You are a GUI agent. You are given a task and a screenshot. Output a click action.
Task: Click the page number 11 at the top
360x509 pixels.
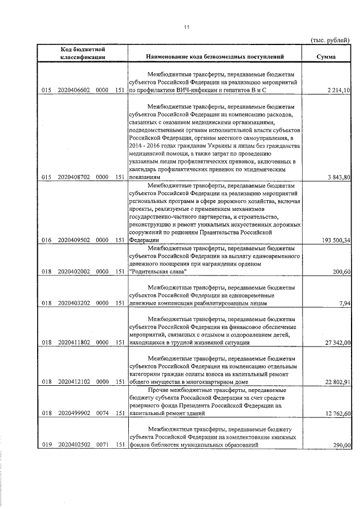(x=186, y=28)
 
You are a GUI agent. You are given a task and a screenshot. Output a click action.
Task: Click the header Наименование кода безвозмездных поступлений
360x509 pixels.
(x=214, y=57)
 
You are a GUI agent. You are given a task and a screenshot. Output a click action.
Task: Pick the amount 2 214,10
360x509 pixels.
(x=338, y=91)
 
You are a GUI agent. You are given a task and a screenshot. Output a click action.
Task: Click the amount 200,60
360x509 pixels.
(x=341, y=272)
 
